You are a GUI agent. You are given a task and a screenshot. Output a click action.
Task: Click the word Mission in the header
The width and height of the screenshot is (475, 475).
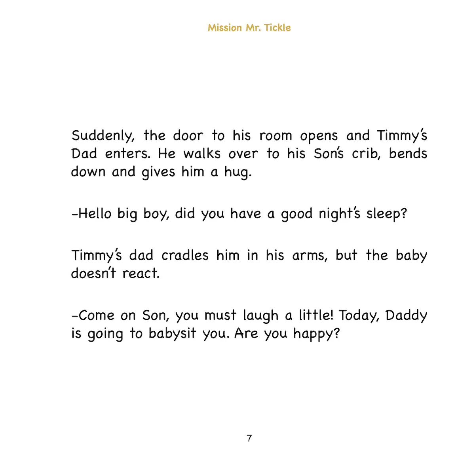tap(224, 28)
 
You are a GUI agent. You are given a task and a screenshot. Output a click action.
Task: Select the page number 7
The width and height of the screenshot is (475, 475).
tap(249, 438)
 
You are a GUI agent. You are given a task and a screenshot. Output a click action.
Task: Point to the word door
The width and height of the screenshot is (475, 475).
tap(188, 136)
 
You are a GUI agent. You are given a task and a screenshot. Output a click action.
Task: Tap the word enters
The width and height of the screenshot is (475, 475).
tap(127, 154)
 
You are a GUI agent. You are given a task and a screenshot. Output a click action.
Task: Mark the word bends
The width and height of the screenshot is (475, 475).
tap(408, 154)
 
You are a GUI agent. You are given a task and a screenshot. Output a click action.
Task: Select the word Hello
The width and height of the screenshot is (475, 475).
tap(95, 214)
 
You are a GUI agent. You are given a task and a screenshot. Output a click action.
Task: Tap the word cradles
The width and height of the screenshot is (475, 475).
tap(184, 255)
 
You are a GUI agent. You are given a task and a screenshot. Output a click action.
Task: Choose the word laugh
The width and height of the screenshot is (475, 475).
tap(260, 316)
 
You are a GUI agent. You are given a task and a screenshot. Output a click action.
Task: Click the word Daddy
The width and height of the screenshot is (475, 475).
tap(406, 316)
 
